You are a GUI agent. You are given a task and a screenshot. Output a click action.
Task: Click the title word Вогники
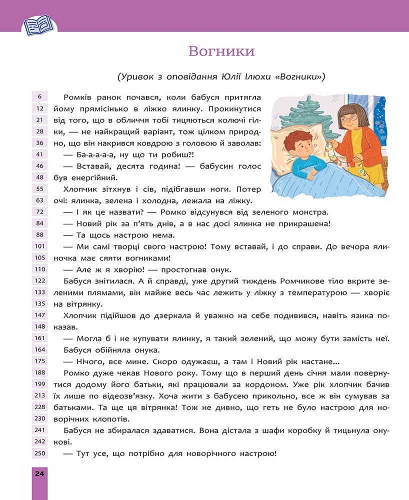tap(221, 51)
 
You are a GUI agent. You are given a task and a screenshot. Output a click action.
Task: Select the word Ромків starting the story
tap(80, 96)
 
